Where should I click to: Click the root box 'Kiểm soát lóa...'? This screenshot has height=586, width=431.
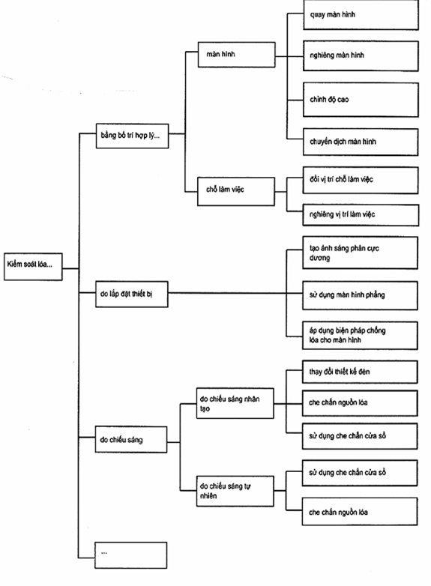[x=33, y=267]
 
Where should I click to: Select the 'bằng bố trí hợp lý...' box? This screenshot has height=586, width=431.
[x=133, y=136]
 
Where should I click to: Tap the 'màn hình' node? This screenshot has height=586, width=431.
[x=237, y=55]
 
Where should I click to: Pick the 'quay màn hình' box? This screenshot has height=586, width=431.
[x=361, y=15]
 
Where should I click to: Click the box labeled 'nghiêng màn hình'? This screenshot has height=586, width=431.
[x=361, y=56]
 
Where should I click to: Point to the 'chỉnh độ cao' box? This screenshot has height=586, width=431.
[x=361, y=100]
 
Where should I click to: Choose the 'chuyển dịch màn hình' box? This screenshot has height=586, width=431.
[x=361, y=142]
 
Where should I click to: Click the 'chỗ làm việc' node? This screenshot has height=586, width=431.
[x=236, y=191]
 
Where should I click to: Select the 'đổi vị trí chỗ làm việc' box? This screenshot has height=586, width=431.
[x=361, y=180]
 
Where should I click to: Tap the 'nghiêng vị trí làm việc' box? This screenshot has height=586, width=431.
[x=361, y=215]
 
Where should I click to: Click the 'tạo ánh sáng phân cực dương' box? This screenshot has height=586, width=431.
[x=360, y=253]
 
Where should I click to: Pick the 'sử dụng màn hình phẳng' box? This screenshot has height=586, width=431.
[x=360, y=295]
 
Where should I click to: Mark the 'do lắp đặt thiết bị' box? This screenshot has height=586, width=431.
[x=132, y=294]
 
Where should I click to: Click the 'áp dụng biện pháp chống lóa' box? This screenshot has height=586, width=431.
[x=360, y=336]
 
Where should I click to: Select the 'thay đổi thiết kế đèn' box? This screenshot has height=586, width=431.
[x=360, y=372]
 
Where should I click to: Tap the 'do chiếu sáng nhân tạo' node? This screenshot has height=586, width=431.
[x=235, y=403]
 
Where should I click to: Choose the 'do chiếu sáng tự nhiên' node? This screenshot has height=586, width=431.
[x=235, y=491]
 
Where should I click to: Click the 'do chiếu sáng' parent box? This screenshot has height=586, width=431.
[x=131, y=439]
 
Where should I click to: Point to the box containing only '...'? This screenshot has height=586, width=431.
[x=131, y=555]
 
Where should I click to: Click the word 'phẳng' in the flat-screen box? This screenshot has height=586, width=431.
[x=375, y=295]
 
